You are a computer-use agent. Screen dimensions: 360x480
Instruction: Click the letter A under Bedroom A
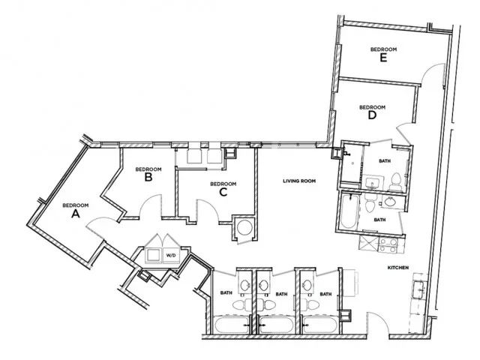(x=74, y=214)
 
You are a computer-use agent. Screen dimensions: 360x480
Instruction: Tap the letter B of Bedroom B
(x=148, y=178)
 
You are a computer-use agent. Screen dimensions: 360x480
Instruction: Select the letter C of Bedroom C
(x=223, y=192)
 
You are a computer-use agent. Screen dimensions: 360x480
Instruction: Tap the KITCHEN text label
(x=397, y=267)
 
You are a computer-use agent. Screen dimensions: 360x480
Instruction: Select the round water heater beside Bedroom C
(x=244, y=228)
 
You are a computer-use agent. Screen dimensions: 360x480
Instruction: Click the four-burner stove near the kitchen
(x=391, y=245)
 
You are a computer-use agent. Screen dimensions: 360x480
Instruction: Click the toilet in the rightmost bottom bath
(x=325, y=306)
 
